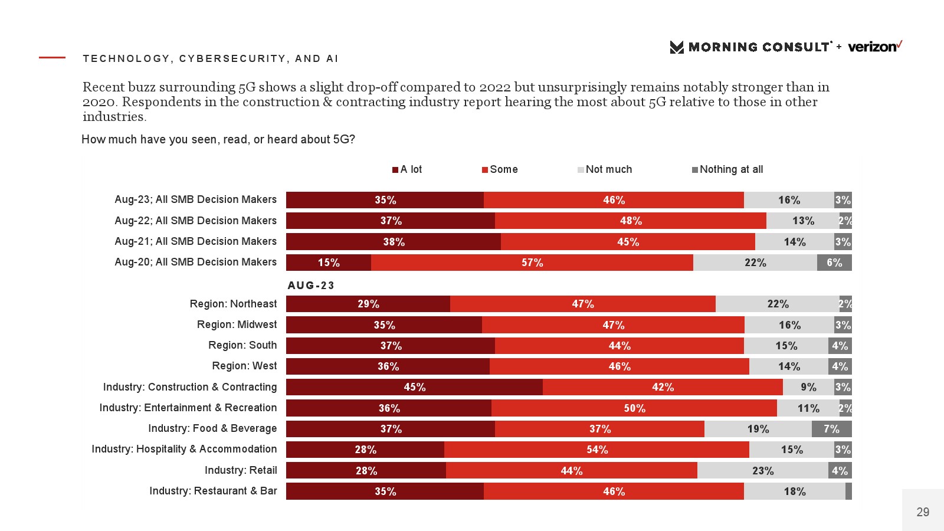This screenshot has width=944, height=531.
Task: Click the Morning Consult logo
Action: pyautogui.click(x=750, y=47)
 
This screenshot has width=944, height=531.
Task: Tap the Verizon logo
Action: pyautogui.click(x=875, y=47)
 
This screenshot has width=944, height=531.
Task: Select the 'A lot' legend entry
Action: pyautogui.click(x=407, y=169)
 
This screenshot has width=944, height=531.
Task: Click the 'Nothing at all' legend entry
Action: pyautogui.click(x=727, y=169)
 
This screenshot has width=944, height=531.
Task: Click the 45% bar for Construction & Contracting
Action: pyautogui.click(x=414, y=387)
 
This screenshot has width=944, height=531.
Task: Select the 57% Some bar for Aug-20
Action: pyautogui.click(x=532, y=263)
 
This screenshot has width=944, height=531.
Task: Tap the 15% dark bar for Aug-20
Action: pyautogui.click(x=329, y=263)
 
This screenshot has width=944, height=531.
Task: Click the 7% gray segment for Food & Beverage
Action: pyautogui.click(x=831, y=429)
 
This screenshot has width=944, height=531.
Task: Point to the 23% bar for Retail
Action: pyautogui.click(x=762, y=471)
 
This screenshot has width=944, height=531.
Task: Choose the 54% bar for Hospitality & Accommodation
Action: pyautogui.click(x=596, y=450)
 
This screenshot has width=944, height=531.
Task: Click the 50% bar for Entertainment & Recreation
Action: pyautogui.click(x=634, y=408)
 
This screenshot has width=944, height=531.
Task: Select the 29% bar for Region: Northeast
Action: pyautogui.click(x=368, y=304)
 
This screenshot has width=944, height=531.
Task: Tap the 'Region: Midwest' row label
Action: pyautogui.click(x=237, y=324)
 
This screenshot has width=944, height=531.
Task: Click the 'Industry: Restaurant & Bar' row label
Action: pyautogui.click(x=213, y=491)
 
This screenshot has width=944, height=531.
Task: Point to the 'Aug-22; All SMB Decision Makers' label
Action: pyautogui.click(x=195, y=221)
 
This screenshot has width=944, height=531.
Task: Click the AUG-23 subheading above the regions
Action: pyautogui.click(x=311, y=286)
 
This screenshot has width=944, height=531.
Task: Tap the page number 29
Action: pyautogui.click(x=923, y=512)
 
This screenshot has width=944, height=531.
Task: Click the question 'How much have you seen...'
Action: pyautogui.click(x=218, y=139)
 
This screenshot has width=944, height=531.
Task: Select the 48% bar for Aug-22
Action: pyautogui.click(x=630, y=221)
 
